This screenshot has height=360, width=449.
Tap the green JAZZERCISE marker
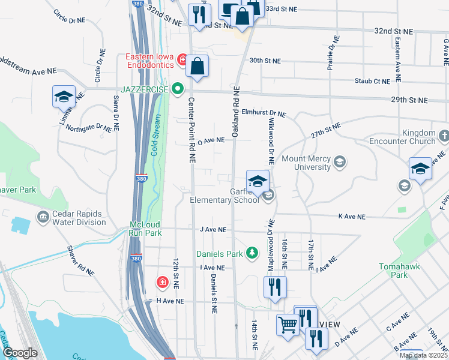177,90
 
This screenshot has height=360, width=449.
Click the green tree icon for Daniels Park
253,253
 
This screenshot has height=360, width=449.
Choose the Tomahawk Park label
401,271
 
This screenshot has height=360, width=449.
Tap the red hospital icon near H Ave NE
161,282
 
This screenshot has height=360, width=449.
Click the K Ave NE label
353,215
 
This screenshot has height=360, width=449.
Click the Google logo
20,353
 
